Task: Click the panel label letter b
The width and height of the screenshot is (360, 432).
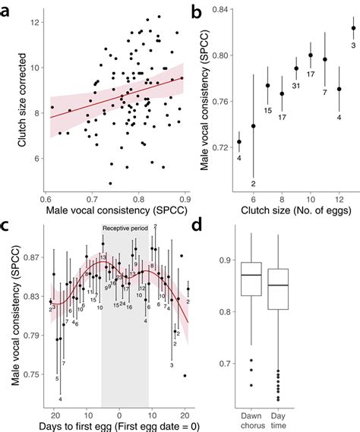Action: [197, 12]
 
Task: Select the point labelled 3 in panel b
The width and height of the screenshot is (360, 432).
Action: [353, 28]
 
